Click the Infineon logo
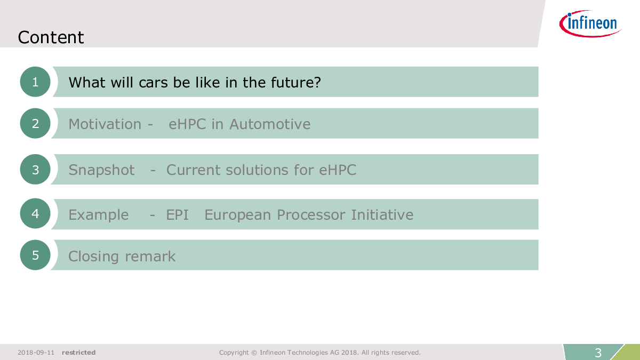(x=590, y=23)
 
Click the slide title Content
(x=51, y=37)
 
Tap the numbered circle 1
(x=35, y=82)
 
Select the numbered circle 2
(x=35, y=123)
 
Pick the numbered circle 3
(x=35, y=170)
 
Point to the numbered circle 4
(x=35, y=213)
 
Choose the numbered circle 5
(x=35, y=255)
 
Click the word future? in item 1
(x=295, y=83)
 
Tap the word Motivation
(x=105, y=124)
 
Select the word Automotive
(x=270, y=124)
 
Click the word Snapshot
(x=101, y=170)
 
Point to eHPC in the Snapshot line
(x=338, y=170)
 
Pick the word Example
(x=99, y=215)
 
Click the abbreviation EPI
(x=177, y=215)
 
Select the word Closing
(x=93, y=257)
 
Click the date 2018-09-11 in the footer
(x=36, y=353)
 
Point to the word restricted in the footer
(x=78, y=353)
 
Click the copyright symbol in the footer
(x=254, y=353)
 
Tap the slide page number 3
(x=598, y=353)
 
